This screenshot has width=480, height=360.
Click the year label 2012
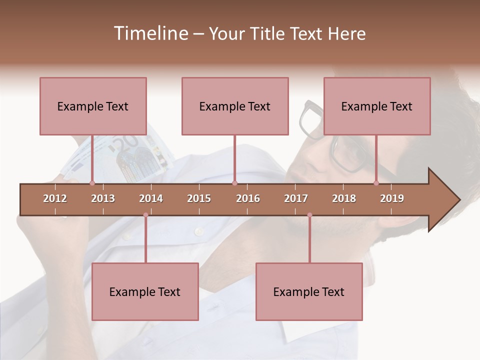[x=55, y=198]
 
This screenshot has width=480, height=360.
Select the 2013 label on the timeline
[x=103, y=198]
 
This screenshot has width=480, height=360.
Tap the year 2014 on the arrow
[x=151, y=198]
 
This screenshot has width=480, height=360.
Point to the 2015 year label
[x=199, y=198]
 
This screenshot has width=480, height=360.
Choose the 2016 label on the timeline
[x=248, y=198]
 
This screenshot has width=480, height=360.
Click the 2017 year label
[x=296, y=198]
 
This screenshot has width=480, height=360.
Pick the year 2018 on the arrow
[x=344, y=198]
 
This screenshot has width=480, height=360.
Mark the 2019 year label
[x=392, y=198]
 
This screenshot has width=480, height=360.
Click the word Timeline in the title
[x=150, y=33]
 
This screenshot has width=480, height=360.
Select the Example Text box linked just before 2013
[x=93, y=106]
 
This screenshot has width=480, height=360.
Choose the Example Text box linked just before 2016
[x=235, y=106]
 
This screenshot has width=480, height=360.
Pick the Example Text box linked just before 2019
[x=377, y=106]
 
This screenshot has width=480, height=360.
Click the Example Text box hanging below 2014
[x=145, y=291]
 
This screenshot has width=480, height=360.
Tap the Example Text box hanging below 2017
[x=309, y=291]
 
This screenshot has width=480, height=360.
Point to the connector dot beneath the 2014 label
[x=145, y=215]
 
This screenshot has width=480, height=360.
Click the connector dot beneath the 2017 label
[x=309, y=215]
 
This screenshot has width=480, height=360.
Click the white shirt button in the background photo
[x=199, y=231]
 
